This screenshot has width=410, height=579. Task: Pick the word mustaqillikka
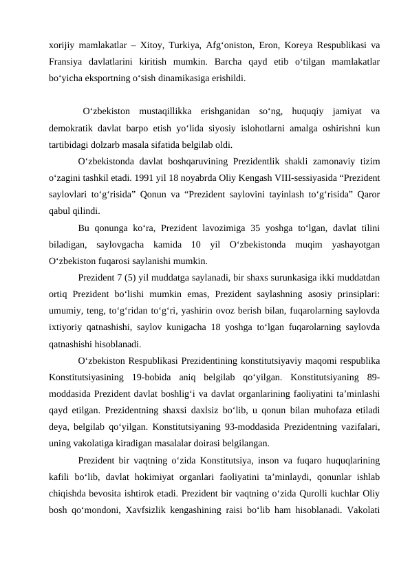(164, 111)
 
